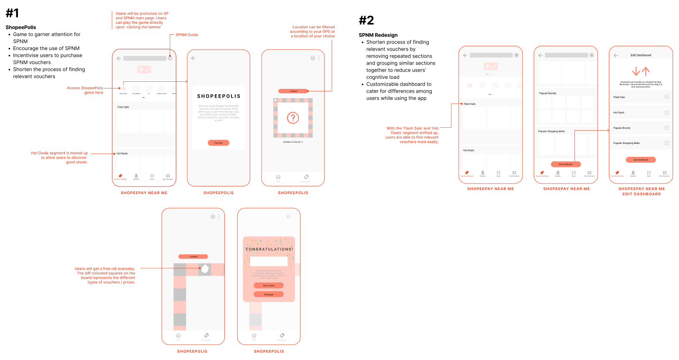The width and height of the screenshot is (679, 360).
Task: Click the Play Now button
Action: pos(219,143)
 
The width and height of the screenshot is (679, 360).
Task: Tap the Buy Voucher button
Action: pos(269,285)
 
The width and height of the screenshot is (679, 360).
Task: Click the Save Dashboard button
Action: pos(641,160)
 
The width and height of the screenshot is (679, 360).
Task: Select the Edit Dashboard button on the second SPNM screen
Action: pos(566,164)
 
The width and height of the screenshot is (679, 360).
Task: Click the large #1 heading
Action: pos(13,13)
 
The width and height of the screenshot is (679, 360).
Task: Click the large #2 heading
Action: pos(366,20)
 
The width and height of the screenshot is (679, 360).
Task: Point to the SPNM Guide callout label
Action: pos(186,35)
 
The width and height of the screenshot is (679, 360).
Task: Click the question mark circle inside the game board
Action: pos(293,118)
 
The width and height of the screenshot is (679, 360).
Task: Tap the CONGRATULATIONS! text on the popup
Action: pos(269,249)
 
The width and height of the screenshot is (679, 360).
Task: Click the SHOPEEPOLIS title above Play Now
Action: pos(219,96)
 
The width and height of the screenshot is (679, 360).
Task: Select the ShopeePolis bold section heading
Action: pos(21,28)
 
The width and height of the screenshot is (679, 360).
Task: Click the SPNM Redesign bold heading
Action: pos(378,35)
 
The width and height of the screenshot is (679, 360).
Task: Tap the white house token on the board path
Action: pos(205,269)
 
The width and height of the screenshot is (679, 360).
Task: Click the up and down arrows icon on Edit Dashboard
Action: pos(641,71)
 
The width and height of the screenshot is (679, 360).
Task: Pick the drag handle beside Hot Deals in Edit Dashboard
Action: pos(666,113)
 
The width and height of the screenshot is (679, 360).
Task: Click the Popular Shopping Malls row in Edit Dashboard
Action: pos(626,143)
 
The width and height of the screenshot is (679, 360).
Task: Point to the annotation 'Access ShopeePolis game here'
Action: pos(85,90)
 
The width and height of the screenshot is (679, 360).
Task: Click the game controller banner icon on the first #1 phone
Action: pos(144,69)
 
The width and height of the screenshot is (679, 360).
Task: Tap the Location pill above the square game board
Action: pos(293,91)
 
